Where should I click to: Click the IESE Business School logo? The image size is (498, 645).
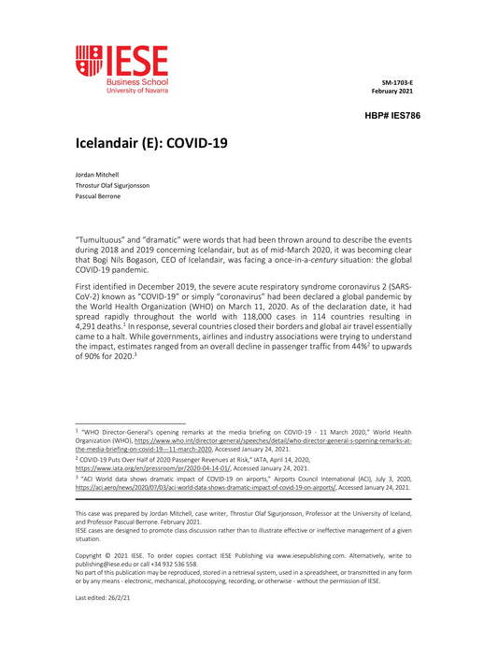pyautogui.click(x=121, y=69)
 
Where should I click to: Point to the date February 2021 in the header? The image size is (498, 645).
pyautogui.click(x=392, y=91)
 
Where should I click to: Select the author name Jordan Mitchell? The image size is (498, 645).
pyautogui.click(x=97, y=175)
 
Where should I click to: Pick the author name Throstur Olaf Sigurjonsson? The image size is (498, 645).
pyautogui.click(x=112, y=185)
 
